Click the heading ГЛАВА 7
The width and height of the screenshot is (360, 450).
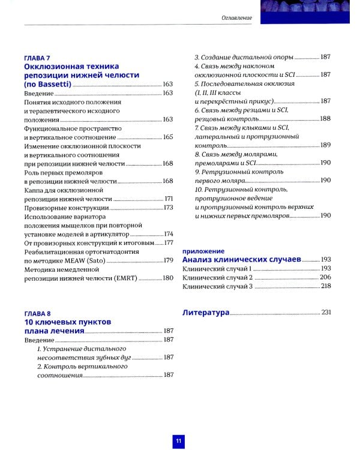(36, 57)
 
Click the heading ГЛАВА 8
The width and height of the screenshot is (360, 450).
(36, 313)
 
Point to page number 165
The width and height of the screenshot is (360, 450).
(168, 137)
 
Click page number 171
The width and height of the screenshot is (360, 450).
(169, 199)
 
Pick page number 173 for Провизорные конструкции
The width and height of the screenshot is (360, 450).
(168, 208)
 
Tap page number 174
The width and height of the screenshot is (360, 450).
(168, 233)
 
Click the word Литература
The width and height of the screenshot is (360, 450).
(205, 312)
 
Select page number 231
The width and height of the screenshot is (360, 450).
(326, 312)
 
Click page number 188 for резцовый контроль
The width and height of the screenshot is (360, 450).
(325, 119)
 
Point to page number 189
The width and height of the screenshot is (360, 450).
(325, 145)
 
